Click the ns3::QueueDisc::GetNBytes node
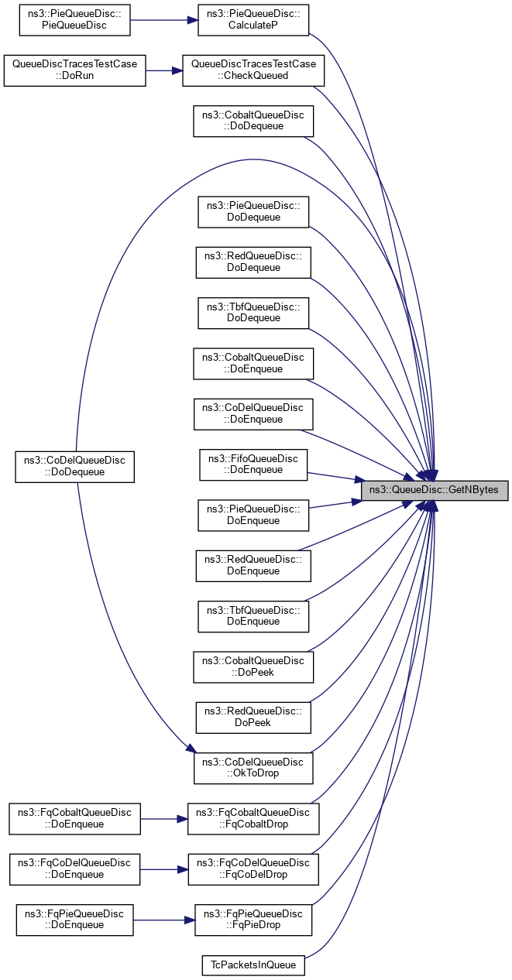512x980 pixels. [x=435, y=490]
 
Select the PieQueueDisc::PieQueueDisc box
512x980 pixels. [x=74, y=20]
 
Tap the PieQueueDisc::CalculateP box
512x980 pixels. [x=253, y=20]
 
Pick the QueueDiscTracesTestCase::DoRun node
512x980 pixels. [x=74, y=70]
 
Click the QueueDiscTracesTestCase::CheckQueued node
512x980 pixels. [x=253, y=70]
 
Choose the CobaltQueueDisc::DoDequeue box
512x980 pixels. [x=253, y=121]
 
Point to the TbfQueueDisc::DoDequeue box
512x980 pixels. [x=253, y=313]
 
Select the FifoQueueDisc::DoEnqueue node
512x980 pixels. [x=253, y=463]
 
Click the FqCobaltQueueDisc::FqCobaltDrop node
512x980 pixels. [x=253, y=818]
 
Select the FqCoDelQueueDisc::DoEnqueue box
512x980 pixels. [x=74, y=869]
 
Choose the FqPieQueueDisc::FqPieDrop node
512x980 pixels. [x=253, y=919]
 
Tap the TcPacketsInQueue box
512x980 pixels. [x=253, y=965]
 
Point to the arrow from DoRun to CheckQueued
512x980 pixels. [x=163, y=70]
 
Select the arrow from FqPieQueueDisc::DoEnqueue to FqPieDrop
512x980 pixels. [x=164, y=919]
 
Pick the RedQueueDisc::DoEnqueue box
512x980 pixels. [x=253, y=565]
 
